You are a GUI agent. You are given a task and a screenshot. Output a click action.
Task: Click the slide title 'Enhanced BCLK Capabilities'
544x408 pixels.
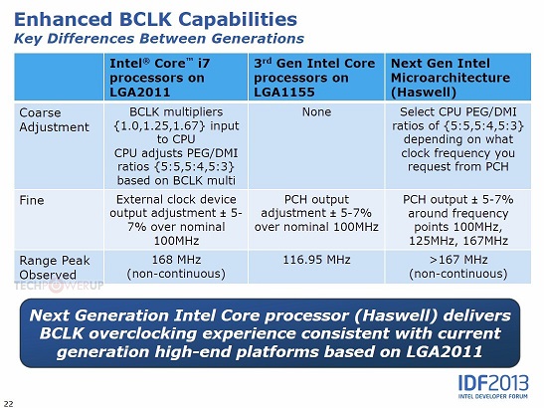155,20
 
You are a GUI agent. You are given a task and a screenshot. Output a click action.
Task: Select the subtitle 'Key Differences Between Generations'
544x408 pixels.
159,38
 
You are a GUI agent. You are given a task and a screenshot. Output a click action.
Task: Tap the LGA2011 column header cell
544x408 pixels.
176,77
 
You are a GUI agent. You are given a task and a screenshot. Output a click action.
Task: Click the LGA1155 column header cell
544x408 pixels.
316,77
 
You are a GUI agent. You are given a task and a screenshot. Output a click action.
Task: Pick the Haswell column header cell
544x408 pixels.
457,77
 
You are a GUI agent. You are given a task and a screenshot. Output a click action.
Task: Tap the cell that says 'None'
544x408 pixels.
316,146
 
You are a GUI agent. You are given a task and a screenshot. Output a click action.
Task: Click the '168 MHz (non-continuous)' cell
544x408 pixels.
176,267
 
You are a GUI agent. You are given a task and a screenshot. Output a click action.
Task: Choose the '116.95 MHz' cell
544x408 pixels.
316,267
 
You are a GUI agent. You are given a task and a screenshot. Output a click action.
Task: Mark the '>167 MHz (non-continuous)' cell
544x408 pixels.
457,267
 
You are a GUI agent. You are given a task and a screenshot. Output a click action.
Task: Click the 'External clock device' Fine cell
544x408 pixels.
176,220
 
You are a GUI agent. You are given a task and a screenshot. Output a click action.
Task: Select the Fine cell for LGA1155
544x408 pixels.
316,220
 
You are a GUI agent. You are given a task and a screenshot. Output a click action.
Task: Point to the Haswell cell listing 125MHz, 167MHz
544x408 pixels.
457,220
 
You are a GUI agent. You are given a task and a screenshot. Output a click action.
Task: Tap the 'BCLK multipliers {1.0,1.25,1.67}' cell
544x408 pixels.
176,146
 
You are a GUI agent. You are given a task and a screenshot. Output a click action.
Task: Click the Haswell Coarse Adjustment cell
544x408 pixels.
457,146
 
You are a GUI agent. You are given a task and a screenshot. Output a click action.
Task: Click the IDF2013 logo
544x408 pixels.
493,386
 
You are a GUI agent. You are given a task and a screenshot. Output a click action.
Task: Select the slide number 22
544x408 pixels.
8,403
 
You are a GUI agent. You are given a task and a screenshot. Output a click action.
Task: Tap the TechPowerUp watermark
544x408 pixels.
59,286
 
